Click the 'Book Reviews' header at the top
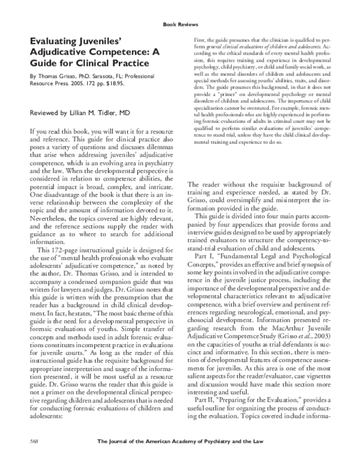(180, 25)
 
